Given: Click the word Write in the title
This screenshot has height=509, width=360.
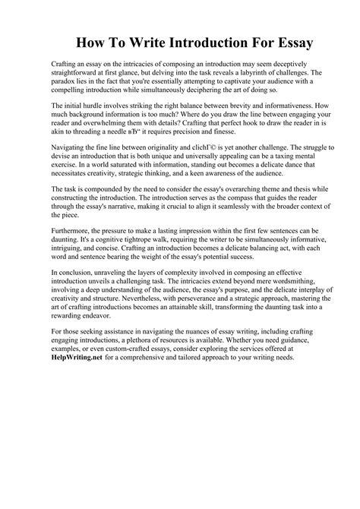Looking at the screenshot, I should (150, 42).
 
